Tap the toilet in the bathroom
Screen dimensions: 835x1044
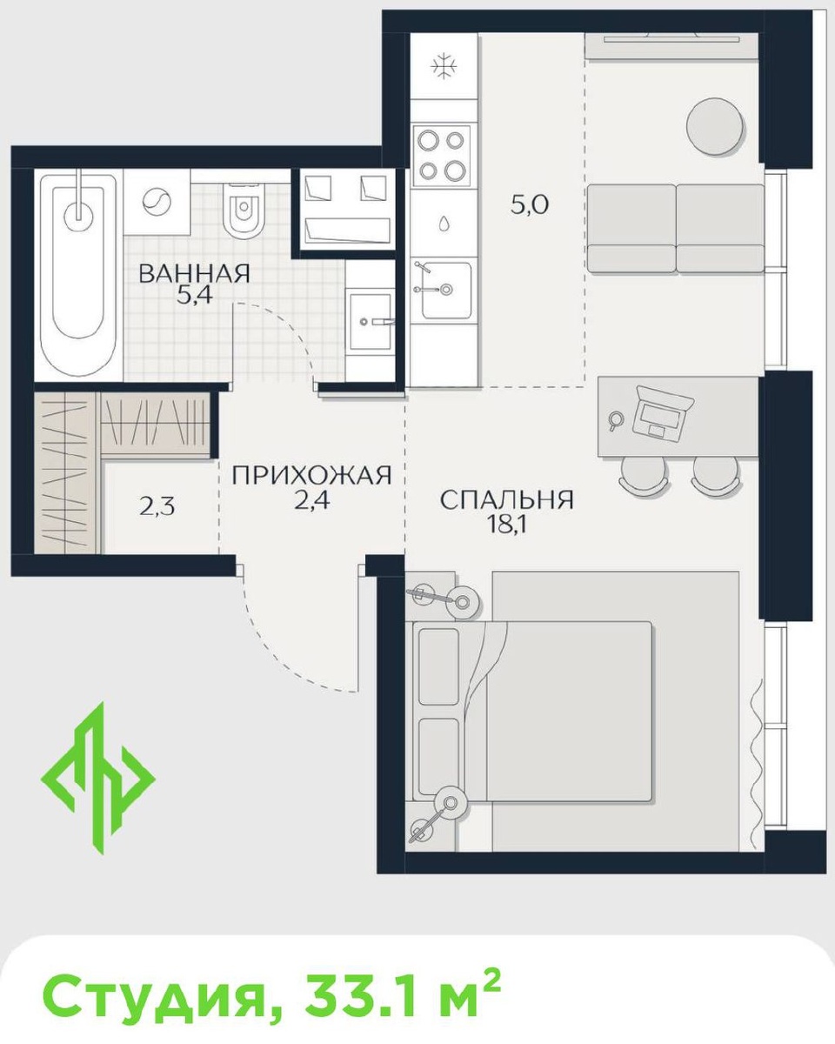245,211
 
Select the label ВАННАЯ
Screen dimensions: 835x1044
194,273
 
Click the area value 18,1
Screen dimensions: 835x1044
506,525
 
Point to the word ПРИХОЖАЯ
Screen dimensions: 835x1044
311,475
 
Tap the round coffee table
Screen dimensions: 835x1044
715,127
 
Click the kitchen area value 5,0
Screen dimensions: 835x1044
530,205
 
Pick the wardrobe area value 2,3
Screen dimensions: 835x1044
157,507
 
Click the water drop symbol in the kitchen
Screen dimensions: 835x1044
444,224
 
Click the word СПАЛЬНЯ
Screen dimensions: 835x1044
506,499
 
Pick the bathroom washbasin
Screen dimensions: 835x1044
371,321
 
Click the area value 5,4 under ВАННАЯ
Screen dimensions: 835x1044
194,296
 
